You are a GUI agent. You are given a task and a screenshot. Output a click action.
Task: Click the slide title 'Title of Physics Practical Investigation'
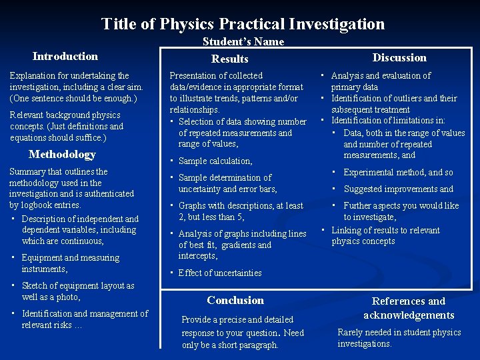pos(243,24)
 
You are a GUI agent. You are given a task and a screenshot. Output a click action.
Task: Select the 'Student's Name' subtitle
pos(243,41)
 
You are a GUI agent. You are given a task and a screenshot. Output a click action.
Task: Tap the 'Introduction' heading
pos(65,56)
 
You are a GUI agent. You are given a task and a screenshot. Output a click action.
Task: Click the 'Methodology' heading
pos(62,154)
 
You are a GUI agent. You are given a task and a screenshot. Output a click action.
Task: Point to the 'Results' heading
pos(229,59)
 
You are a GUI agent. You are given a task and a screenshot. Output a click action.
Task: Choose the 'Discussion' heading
pos(399,57)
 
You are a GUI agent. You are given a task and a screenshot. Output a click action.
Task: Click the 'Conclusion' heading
pos(235,300)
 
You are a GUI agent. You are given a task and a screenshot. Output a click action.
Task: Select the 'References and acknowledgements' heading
pos(409,308)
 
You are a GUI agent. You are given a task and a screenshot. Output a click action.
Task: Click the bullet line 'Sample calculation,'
pos(215,161)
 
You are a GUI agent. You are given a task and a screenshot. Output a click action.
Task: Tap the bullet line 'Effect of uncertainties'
pos(220,273)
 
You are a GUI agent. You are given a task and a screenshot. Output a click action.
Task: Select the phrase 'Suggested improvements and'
pos(398,189)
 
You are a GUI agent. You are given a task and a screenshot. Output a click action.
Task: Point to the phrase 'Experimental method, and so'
pos(398,173)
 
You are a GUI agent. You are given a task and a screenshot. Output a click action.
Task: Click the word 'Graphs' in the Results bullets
pos(192,206)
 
